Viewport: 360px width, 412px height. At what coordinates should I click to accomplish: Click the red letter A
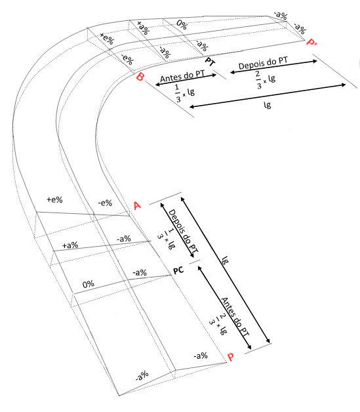pos(137,205)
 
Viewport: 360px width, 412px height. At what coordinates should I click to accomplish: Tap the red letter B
pos(140,77)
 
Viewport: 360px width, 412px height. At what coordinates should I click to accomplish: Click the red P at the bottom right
pos(231,357)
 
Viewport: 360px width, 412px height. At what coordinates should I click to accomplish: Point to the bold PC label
pos(178,270)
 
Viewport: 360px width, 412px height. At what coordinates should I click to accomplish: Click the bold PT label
pos(210,62)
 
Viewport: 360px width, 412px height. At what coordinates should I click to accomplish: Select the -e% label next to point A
pos(105,203)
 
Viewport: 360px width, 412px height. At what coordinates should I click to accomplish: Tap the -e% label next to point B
pos(127,60)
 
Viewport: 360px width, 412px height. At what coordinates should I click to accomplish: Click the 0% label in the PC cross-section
pos(89,284)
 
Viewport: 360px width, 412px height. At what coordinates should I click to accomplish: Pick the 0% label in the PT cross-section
pos(182,25)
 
